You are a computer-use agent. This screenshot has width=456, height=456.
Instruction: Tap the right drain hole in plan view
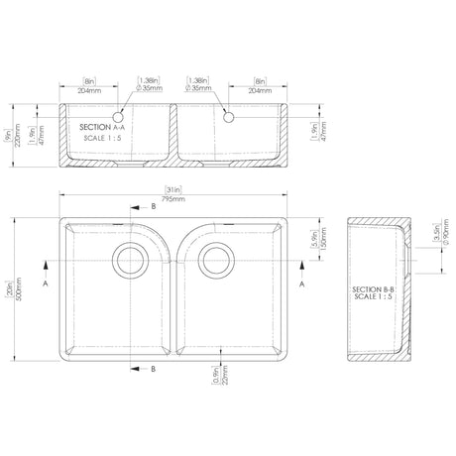tap(215, 260)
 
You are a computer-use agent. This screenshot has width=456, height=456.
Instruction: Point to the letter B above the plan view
tap(154, 207)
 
